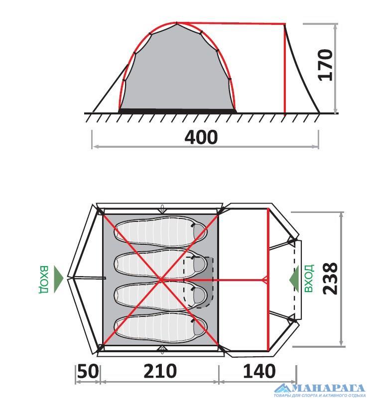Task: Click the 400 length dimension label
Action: point(201,137)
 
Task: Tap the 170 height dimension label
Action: point(325,65)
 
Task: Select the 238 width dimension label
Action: point(330,279)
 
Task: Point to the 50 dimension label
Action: point(88,371)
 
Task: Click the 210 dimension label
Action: point(160,371)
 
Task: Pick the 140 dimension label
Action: point(259,371)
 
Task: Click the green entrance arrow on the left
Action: point(58,279)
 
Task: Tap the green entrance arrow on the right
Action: point(294,279)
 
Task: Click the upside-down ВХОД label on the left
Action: point(44,280)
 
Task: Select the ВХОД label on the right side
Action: point(309,278)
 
